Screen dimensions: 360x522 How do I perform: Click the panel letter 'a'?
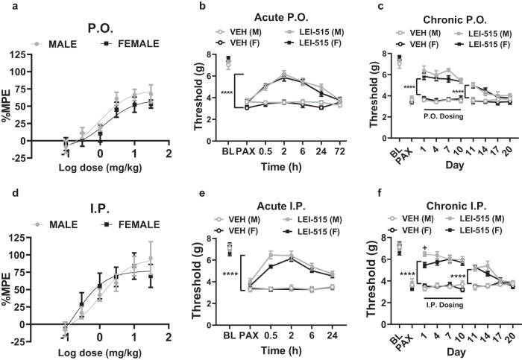point(5,6)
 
